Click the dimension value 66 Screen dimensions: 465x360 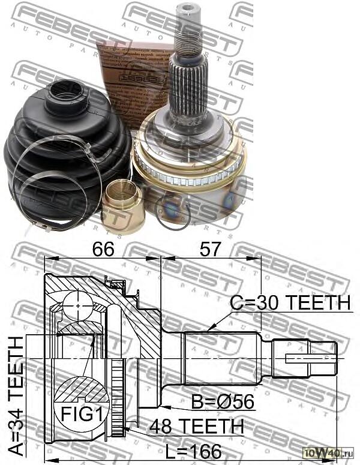103,247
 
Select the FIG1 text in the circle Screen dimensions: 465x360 78,413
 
